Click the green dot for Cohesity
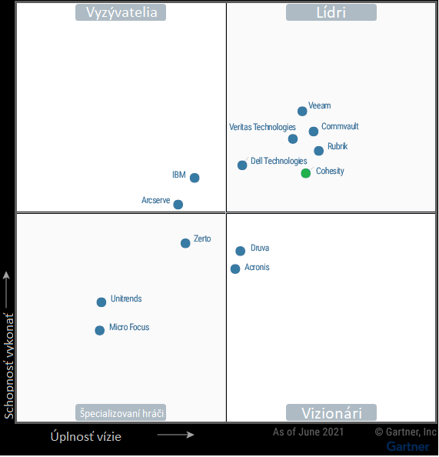coord(306,173)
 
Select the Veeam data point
coord(302,112)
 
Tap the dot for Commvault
coord(314,132)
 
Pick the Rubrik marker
coord(319,151)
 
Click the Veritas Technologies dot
coord(293,139)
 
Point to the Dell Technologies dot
coord(242,165)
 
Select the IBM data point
coord(195,178)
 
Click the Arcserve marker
coord(178,205)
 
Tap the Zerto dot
coord(185,243)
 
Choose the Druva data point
coord(241,251)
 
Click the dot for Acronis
coord(235,269)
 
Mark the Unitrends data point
coord(101,302)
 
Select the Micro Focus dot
coord(99,331)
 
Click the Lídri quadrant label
coord(331,12)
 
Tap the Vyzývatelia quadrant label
coord(121,12)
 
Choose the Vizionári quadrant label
coord(331,413)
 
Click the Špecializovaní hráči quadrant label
coord(121,413)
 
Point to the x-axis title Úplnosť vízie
coord(86,436)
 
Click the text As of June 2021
coord(308,432)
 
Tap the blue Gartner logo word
coord(407,446)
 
